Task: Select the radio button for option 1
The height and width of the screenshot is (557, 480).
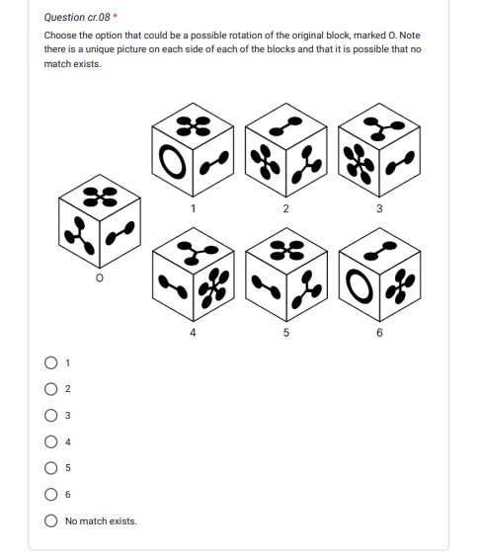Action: [x=50, y=362]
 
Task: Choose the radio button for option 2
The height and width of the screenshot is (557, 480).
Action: [x=50, y=389]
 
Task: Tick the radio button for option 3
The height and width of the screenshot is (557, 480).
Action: [x=50, y=415]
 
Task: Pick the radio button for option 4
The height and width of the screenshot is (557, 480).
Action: [x=50, y=441]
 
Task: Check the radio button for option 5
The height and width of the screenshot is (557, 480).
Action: [x=50, y=468]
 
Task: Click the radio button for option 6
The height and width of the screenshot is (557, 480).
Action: [x=50, y=494]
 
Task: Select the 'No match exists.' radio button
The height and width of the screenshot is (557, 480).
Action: [x=50, y=520]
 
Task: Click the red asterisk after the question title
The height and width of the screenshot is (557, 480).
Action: [x=115, y=17]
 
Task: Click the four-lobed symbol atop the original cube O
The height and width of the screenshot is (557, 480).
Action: [x=100, y=197]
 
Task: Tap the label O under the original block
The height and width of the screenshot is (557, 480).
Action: [x=100, y=278]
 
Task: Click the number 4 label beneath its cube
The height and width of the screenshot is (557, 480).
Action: [x=193, y=333]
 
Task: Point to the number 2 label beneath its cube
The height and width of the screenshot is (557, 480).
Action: [x=286, y=208]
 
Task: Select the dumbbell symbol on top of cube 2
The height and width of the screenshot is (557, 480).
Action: [x=285, y=126]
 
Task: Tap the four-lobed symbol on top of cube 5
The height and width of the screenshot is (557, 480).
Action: [x=286, y=250]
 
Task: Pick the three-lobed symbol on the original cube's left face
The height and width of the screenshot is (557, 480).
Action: [x=80, y=235]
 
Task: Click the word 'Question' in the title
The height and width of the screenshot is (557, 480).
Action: [x=64, y=17]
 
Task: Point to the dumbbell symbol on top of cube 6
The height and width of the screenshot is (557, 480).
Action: [x=380, y=251]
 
